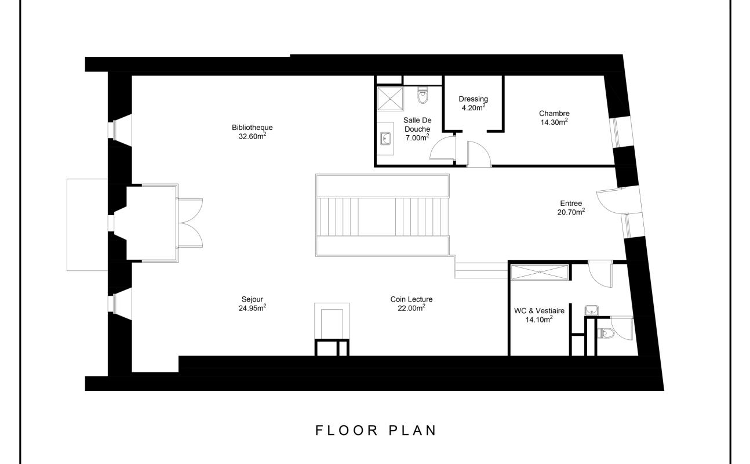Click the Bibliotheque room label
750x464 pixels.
tap(252, 127)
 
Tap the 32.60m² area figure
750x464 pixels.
tap(252, 136)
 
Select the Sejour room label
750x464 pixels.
tap(252, 299)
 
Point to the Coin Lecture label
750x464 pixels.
tap(411, 299)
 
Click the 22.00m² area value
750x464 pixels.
tap(411, 308)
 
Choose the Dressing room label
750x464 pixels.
tap(473, 99)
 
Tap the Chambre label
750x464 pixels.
tap(554, 113)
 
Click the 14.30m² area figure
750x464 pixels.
tap(554, 122)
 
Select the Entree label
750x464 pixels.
tap(571, 204)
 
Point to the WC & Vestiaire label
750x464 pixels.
tap(539, 311)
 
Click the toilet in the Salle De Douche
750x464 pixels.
tap(423, 95)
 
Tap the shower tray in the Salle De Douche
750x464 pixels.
tap(391, 99)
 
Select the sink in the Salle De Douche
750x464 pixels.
tap(385, 138)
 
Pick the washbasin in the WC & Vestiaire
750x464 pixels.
tap(592, 310)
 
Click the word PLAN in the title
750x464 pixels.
tap(413, 430)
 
